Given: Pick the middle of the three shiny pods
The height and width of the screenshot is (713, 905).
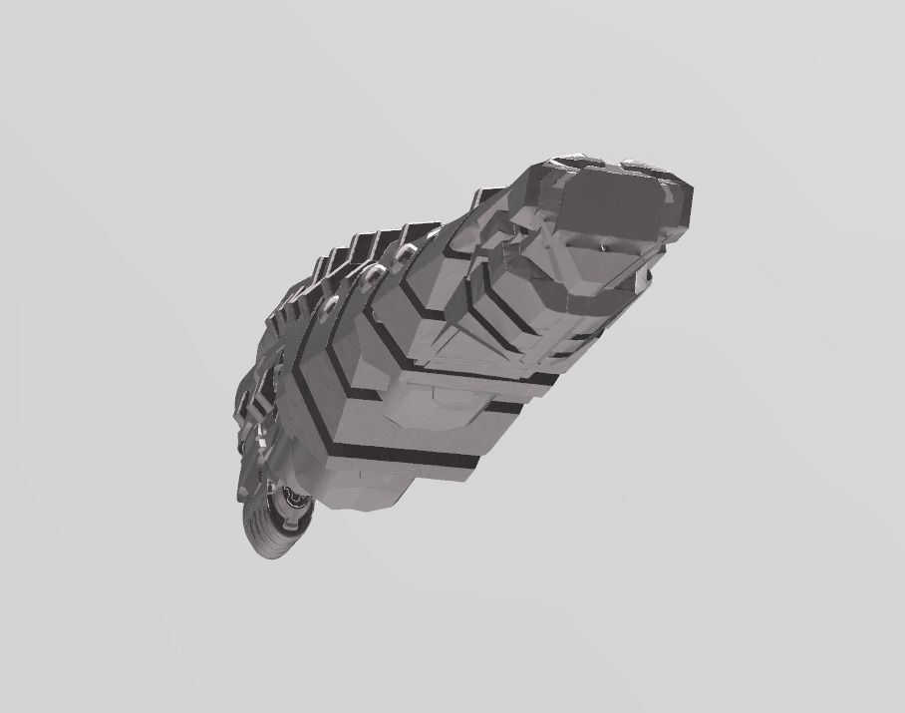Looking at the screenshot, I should click(374, 273).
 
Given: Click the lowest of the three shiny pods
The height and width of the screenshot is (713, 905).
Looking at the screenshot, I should click(330, 305).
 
